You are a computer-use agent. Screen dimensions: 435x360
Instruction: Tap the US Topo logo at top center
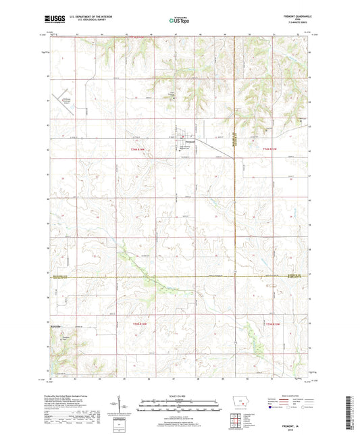pos(179,21)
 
